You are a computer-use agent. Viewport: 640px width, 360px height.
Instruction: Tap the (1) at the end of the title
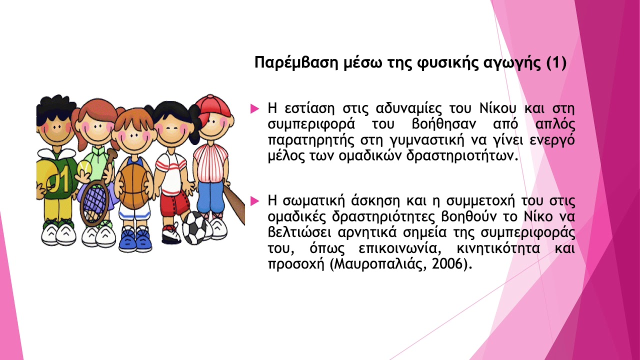(555, 63)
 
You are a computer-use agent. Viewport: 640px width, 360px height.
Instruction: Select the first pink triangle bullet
(254, 107)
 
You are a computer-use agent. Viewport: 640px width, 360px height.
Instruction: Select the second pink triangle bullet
(254, 201)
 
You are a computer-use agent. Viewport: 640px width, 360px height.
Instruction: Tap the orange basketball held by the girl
(133, 186)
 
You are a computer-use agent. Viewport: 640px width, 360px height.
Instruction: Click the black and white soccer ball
(193, 227)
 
